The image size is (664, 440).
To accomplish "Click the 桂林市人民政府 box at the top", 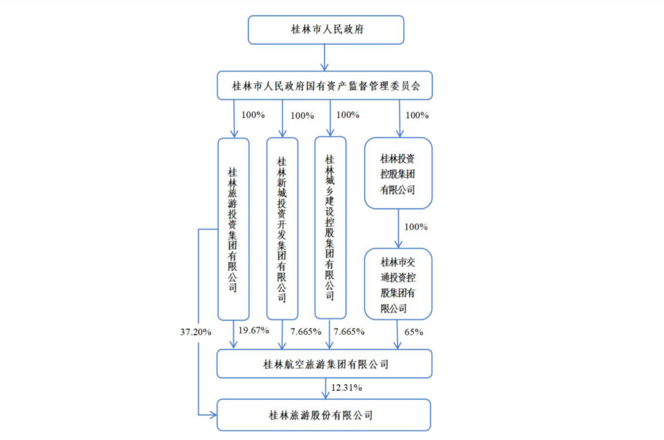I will (x=324, y=30).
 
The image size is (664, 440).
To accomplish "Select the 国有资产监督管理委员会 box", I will (x=324, y=86).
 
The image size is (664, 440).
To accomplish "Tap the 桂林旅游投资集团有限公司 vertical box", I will (x=233, y=228).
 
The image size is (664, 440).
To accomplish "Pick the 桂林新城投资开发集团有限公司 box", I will (x=282, y=228).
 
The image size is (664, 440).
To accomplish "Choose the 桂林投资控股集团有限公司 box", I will (x=398, y=173).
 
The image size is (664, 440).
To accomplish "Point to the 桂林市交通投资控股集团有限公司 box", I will (x=398, y=284).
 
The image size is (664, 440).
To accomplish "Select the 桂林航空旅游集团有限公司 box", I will (x=324, y=364).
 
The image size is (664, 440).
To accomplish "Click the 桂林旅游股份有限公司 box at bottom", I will (x=324, y=415).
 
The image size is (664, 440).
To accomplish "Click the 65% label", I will (x=413, y=332).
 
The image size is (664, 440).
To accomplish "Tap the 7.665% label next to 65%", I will (x=349, y=331).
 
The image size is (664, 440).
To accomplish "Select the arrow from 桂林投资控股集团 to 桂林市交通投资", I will (x=398, y=228).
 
